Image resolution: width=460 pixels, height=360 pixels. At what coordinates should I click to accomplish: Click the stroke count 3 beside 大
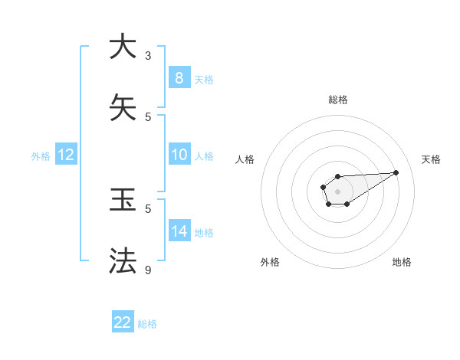pos(148,55)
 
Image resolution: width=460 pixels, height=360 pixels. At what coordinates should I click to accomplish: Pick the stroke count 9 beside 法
pos(148,270)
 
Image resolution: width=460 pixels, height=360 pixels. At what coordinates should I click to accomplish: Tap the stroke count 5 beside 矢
pos(148,116)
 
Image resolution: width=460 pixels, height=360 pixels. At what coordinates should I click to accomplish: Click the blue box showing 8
pos(179,78)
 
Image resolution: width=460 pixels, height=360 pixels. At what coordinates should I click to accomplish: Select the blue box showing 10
pos(179,155)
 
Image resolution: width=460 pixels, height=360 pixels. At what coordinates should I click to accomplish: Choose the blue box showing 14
pos(179,231)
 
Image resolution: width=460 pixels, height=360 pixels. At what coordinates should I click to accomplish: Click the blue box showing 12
pos(65,155)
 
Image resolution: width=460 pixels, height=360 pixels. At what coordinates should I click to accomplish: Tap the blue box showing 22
pos(123,322)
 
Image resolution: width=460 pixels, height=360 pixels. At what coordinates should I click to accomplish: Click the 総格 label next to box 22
pos(147,324)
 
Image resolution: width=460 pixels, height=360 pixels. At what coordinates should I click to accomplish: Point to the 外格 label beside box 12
pos(41,156)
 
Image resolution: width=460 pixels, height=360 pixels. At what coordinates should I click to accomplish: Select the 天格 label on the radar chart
pos(431,159)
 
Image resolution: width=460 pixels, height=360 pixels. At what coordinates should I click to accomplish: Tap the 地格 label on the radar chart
pos(402,262)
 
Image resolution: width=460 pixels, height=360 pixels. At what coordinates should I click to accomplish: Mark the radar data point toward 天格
pos(396,172)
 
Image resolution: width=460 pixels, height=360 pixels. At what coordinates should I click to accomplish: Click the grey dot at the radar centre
pos(337,191)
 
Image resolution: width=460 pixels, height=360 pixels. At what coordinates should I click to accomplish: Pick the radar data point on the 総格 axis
pos(337,177)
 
